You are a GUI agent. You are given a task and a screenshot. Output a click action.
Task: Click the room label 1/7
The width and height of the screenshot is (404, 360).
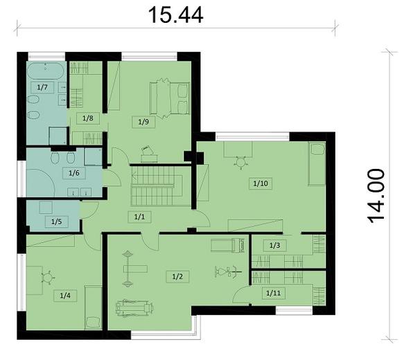(x=42, y=87)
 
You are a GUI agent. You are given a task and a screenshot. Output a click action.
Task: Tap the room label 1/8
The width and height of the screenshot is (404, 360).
(x=88, y=118)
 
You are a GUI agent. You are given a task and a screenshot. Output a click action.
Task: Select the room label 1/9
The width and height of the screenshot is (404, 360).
(x=143, y=123)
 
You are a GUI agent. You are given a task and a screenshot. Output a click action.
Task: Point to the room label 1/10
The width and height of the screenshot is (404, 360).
(x=260, y=184)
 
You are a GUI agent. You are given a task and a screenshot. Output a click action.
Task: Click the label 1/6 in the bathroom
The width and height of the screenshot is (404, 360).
(x=71, y=174)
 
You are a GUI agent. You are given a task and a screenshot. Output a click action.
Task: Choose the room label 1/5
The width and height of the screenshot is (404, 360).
(x=56, y=222)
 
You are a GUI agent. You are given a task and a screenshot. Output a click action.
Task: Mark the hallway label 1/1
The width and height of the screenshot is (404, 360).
(x=140, y=217)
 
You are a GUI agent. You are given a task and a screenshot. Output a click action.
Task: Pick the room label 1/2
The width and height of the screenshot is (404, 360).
(x=177, y=276)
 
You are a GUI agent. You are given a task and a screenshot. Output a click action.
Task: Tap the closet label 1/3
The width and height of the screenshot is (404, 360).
(x=274, y=245)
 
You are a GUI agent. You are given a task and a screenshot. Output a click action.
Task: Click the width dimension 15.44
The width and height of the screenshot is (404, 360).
(x=175, y=15)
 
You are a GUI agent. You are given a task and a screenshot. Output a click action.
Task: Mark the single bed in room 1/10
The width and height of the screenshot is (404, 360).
(x=317, y=164)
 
